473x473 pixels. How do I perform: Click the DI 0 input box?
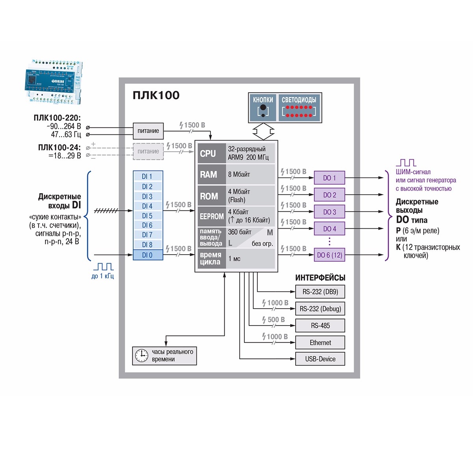click(148, 255)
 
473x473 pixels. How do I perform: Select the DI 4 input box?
click(148, 206)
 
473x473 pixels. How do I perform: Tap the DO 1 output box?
click(329, 178)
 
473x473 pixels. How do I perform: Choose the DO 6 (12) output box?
click(329, 255)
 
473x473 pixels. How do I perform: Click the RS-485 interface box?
click(320, 326)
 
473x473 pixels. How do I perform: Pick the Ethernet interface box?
click(320, 343)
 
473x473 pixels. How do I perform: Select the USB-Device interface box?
click(320, 359)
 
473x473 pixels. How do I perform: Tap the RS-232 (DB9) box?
click(320, 292)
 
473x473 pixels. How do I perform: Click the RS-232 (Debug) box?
click(320, 309)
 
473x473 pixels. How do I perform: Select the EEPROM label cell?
click(211, 216)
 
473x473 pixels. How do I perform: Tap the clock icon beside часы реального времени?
click(142, 356)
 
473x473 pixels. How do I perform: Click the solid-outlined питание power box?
click(148, 131)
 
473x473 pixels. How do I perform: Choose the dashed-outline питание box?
click(148, 151)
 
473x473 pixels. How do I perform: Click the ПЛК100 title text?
click(156, 95)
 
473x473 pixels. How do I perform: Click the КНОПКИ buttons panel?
click(263, 107)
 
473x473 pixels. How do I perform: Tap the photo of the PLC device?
click(54, 82)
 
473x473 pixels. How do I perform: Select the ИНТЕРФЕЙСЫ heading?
click(320, 277)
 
